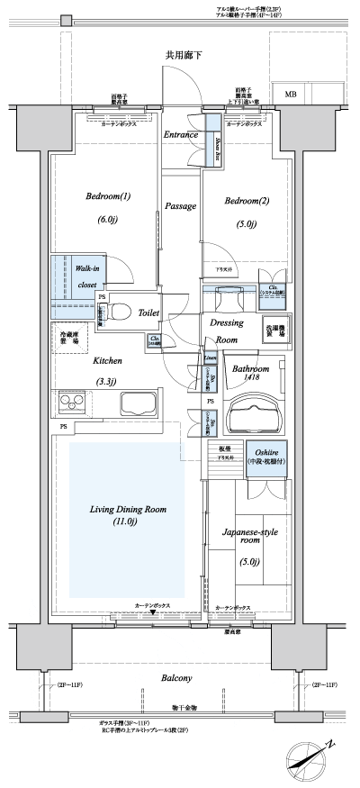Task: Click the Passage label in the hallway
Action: pyautogui.click(x=180, y=206)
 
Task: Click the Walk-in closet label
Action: pyautogui.click(x=86, y=276)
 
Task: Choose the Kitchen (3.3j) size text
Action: pyautogui.click(x=111, y=380)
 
